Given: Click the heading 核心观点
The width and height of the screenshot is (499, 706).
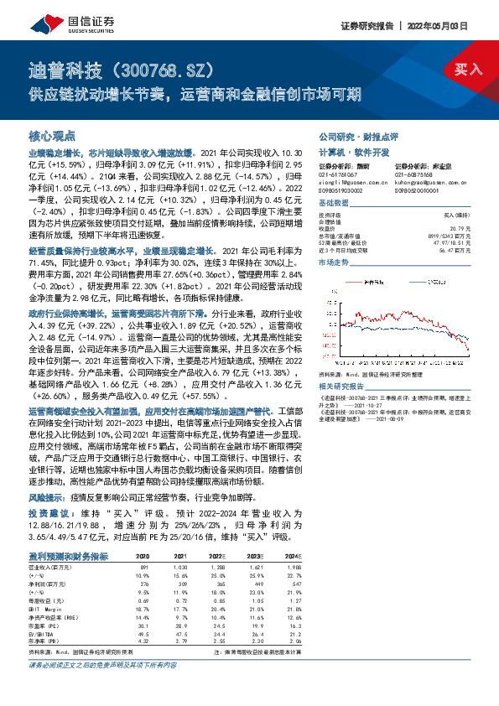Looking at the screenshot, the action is (x=52, y=135).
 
